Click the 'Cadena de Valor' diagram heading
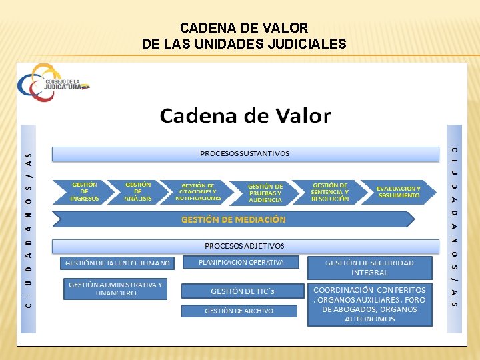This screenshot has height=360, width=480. pyautogui.click(x=245, y=115)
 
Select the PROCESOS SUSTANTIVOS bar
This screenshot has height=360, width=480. pyautogui.click(x=245, y=154)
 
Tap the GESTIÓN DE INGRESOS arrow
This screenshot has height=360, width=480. pyautogui.click(x=84, y=192)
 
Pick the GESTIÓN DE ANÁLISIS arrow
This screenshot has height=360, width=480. pyautogui.click(x=138, y=192)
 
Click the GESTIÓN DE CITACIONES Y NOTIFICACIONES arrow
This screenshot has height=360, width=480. pyautogui.click(x=199, y=192)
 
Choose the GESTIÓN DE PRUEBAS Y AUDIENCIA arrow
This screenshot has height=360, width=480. pyautogui.click(x=265, y=193)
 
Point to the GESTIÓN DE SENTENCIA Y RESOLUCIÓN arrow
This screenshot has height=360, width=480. pyautogui.click(x=330, y=192)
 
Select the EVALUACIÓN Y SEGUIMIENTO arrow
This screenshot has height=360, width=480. pyautogui.click(x=399, y=192)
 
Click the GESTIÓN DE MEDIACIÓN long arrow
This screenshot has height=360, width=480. pyautogui.click(x=233, y=219)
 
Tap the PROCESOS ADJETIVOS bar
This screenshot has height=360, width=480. pyautogui.click(x=245, y=246)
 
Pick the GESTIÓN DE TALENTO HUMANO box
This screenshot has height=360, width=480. pyautogui.click(x=117, y=263)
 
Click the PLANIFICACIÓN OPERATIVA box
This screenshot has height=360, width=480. pyautogui.click(x=241, y=263)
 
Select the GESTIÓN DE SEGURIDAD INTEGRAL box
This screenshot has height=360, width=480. pyautogui.click(x=369, y=267)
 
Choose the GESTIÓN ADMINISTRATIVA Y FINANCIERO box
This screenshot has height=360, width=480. pyautogui.click(x=115, y=289)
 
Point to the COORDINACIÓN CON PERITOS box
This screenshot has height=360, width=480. pyautogui.click(x=369, y=305)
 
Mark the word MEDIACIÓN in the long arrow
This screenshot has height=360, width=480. pyautogui.click(x=257, y=219)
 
